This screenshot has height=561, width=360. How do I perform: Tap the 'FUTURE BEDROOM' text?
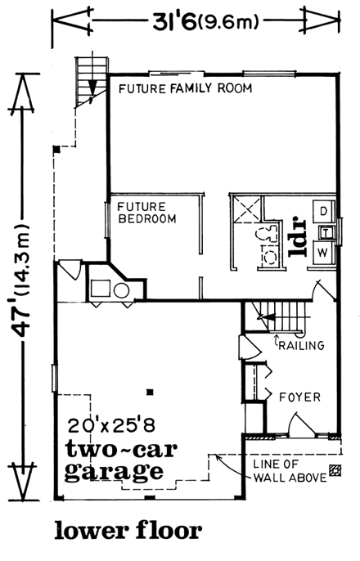(x=144, y=213)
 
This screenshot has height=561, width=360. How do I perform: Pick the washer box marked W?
(x=322, y=251)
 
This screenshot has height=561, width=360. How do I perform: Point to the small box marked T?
(x=325, y=232)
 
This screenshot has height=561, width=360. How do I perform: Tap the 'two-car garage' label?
(x=114, y=460)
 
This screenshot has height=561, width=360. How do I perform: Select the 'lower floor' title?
(x=128, y=531)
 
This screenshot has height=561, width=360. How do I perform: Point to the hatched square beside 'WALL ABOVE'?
(x=335, y=470)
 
